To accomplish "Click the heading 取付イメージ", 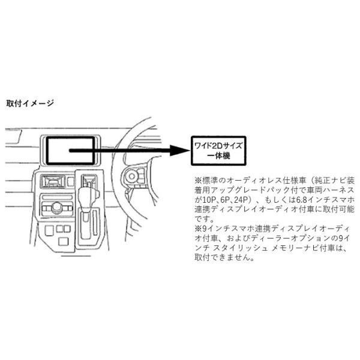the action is (x=30, y=103).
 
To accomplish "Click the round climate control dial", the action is (x=56, y=208).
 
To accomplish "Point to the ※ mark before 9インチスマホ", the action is (x=197, y=229).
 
